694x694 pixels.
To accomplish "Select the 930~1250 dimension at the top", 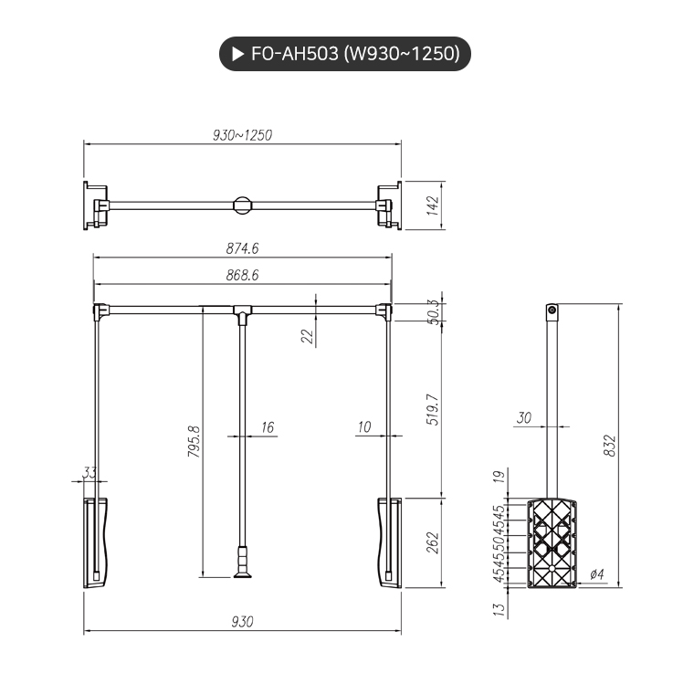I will tap(242, 134).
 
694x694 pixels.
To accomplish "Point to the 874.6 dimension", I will tap(243, 248).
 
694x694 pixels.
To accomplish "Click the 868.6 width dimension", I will tap(243, 274).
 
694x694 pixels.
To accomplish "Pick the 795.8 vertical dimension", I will tap(194, 442).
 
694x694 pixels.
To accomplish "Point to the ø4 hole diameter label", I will tap(597, 573).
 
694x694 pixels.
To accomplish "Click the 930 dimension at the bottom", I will tap(242, 622).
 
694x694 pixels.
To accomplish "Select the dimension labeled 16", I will tap(267, 426).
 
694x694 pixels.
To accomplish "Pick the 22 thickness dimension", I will tap(307, 335).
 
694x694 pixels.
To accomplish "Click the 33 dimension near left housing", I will tap(89, 472).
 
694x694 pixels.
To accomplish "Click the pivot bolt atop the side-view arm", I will tap(552, 311).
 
